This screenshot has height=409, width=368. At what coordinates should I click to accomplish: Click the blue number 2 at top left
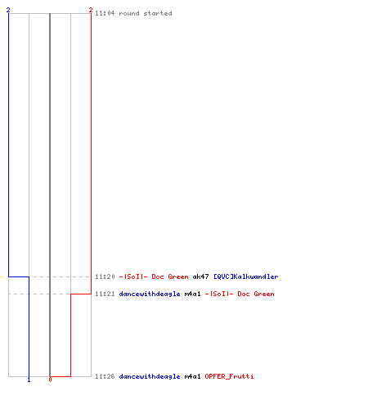click(8, 10)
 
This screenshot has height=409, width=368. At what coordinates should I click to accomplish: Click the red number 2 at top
click(91, 10)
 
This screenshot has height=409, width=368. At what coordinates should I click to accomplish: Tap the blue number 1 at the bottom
click(29, 380)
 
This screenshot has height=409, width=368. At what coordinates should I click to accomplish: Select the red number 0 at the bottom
click(50, 380)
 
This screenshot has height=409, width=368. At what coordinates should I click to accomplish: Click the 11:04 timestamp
click(105, 13)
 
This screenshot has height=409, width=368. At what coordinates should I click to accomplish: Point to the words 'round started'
click(146, 13)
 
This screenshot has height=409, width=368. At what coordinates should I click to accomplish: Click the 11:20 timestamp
click(105, 276)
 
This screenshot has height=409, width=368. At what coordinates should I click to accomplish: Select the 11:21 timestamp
click(105, 294)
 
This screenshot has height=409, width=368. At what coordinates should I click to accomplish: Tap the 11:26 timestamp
click(105, 376)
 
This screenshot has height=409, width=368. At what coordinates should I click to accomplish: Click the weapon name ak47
click(200, 276)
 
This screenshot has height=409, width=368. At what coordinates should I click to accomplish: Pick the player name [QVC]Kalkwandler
click(246, 276)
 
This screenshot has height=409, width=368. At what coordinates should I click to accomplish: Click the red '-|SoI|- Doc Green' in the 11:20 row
click(154, 276)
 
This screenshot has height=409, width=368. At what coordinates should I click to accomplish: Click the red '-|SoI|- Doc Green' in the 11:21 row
click(240, 294)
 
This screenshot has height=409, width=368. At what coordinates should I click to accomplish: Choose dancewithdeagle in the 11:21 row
click(150, 294)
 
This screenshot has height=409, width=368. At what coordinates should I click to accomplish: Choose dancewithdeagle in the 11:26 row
click(150, 376)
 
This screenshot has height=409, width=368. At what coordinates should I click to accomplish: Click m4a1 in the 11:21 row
click(192, 294)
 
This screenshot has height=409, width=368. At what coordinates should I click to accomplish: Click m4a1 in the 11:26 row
click(192, 376)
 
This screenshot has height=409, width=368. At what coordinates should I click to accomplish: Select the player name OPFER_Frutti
click(229, 376)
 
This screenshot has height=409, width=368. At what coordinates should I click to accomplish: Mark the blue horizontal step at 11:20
click(19, 276)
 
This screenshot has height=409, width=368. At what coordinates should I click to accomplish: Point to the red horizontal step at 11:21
click(81, 294)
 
